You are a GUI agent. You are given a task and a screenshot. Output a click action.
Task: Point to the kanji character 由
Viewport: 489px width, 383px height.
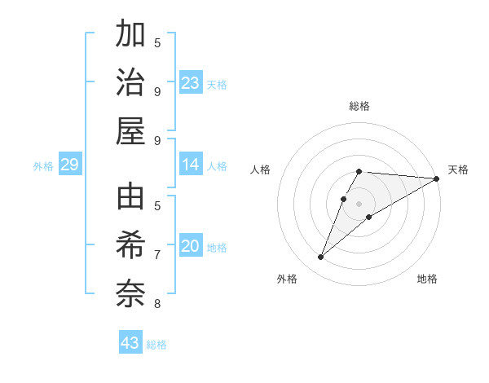130,198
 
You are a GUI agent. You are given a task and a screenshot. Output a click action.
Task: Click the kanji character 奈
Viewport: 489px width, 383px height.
130,294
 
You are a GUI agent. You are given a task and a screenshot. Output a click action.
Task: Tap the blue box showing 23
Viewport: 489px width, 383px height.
191,82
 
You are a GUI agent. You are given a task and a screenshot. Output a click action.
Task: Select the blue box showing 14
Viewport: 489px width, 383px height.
191,165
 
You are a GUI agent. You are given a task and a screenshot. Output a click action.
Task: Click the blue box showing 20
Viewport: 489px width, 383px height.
191,246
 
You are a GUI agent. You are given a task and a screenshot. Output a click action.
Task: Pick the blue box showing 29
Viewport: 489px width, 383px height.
69,165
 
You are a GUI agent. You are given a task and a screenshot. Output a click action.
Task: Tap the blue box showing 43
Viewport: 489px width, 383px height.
130,343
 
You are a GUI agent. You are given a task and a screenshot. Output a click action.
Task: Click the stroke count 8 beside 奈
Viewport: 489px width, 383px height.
157,305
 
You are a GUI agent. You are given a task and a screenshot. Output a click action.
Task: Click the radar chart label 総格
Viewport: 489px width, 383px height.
359,106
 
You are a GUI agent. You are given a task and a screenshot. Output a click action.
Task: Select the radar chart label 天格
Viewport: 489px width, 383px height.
458,169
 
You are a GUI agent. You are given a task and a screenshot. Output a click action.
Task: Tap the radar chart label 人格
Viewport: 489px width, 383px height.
261,169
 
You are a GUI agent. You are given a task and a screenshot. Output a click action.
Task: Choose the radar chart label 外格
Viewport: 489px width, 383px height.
287,279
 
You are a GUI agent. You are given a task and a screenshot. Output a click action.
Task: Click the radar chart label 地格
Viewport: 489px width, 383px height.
427,279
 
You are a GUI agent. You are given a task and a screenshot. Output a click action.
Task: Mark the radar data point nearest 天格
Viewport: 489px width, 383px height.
436,178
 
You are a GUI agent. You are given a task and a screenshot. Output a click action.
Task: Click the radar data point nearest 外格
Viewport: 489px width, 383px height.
320,258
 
